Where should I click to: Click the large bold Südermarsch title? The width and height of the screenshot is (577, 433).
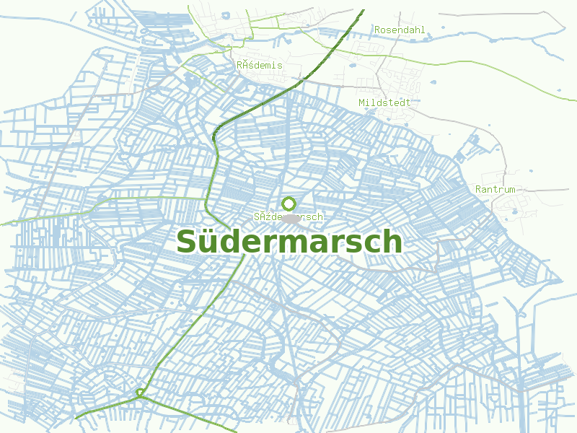coord(288,241)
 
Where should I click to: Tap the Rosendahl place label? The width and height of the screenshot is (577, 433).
coord(400,30)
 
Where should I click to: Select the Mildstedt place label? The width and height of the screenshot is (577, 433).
coord(384,102)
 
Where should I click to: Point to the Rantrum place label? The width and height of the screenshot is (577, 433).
coord(495,189)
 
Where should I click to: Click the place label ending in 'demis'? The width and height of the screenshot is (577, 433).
coord(260,65)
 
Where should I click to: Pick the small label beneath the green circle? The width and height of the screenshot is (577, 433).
coord(288,216)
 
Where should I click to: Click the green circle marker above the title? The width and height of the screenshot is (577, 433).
coord(288,204)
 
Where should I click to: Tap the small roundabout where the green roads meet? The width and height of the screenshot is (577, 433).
coord(139,393)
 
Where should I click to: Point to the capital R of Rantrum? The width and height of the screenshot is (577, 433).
coord(478,189)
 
